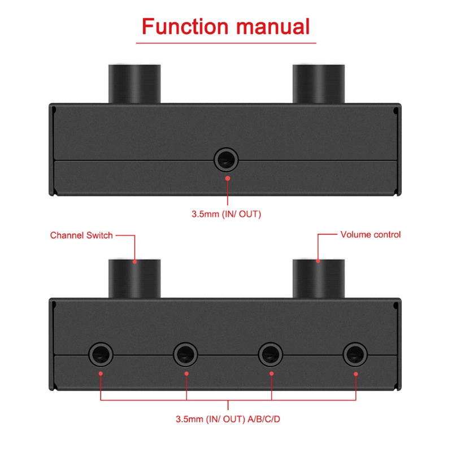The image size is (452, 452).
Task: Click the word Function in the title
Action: pos(185,27)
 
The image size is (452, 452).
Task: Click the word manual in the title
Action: pos(273,27)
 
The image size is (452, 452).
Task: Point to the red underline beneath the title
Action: pos(226,44)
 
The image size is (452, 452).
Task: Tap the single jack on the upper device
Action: pos(226,160)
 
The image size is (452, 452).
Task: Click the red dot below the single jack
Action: pos(228,179)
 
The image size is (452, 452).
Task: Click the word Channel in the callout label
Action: pos(67,235)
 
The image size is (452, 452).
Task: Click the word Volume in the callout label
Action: pos(355,234)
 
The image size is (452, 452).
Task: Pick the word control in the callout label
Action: pos(386,234)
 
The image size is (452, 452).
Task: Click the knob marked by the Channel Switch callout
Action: pos(134,278)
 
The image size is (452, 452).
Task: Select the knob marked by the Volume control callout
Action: pos(319,278)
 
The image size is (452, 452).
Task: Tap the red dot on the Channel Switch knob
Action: pos(134,262)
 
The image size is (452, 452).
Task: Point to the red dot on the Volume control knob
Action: pos(318,261)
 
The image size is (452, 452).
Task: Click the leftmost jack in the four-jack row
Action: pos(101,355)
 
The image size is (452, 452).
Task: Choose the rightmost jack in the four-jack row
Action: pos(355,355)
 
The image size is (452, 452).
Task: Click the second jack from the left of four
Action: pos(185,355)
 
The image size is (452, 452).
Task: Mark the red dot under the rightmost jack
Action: pos(356,374)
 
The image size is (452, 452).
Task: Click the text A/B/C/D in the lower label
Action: pos(264,419)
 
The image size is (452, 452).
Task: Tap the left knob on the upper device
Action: pos(134,83)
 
